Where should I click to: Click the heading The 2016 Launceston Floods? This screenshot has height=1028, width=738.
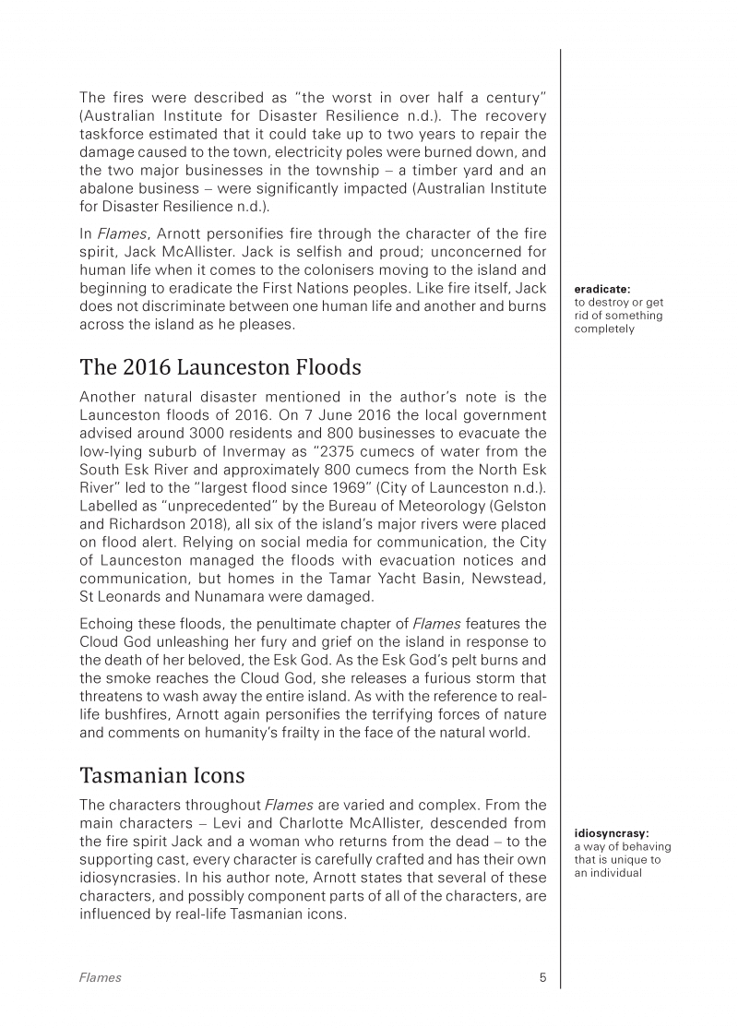pyautogui.click(x=220, y=367)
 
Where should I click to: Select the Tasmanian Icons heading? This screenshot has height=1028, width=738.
pyautogui.click(x=161, y=772)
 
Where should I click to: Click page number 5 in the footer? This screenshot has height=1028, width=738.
pyautogui.click(x=542, y=978)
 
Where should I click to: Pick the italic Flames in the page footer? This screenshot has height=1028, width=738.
pyautogui.click(x=100, y=978)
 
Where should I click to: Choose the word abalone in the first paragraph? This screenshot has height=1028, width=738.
pyautogui.click(x=107, y=188)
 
